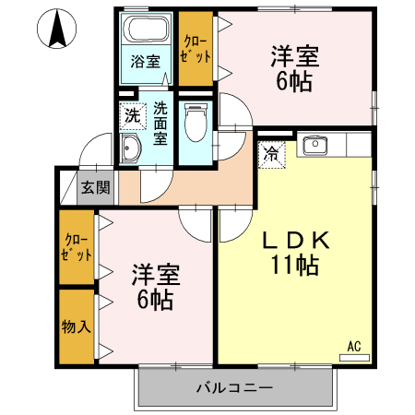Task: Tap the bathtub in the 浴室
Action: pyautogui.click(x=147, y=31)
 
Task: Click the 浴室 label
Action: pyautogui.click(x=146, y=63)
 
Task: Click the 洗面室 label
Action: pyautogui.click(x=160, y=124)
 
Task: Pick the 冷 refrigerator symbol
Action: pyautogui.click(x=273, y=154)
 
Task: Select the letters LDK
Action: pyautogui.click(x=296, y=241)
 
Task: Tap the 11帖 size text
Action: pyautogui.click(x=296, y=267)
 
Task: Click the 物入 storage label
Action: pyautogui.click(x=76, y=326)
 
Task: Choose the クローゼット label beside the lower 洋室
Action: pyautogui.click(x=77, y=248)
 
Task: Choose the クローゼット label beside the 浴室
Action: pyautogui.click(x=196, y=48)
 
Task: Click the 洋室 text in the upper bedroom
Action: pyautogui.click(x=295, y=56)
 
